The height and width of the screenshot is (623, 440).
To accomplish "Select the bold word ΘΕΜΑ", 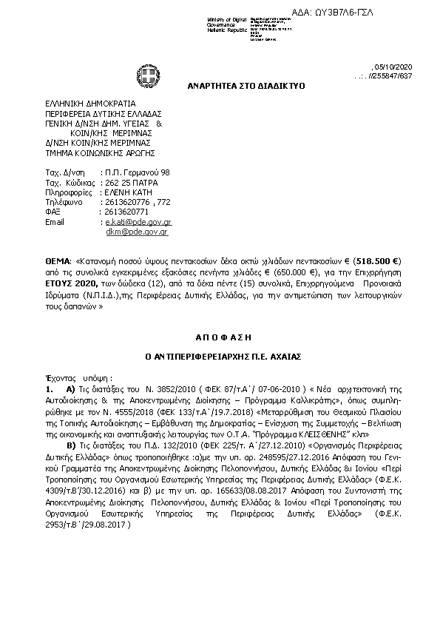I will (x=58, y=262).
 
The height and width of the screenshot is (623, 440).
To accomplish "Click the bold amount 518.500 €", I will (x=376, y=262).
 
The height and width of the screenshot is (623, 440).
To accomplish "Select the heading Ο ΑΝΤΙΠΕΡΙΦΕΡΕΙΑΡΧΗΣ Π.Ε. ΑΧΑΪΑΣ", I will (x=222, y=355).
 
